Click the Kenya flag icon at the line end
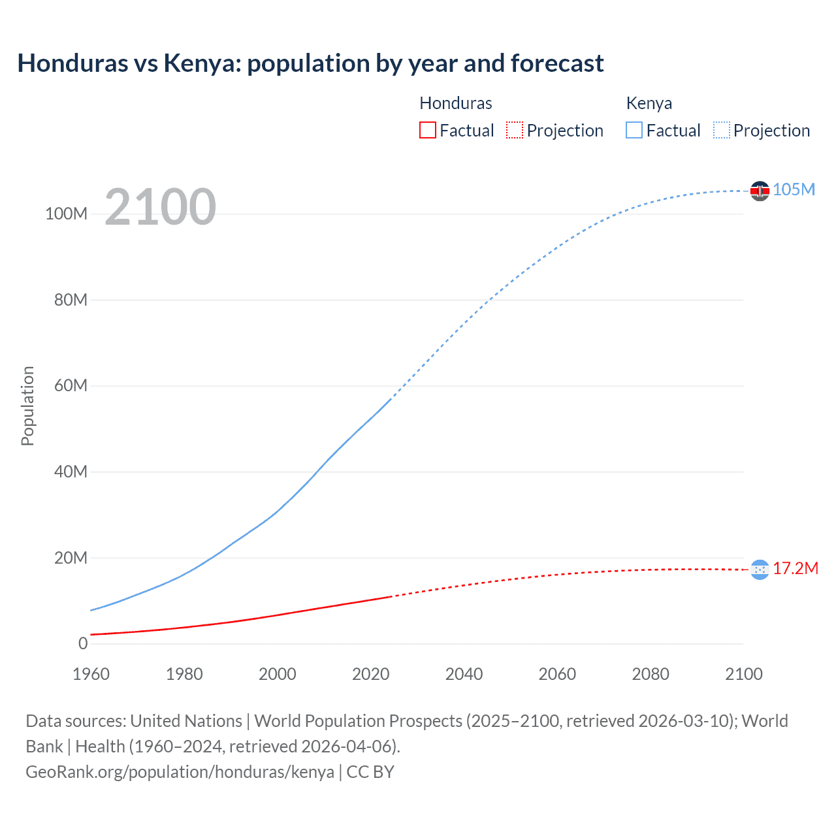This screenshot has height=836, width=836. (x=760, y=191)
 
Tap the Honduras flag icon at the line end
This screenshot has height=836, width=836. (x=760, y=570)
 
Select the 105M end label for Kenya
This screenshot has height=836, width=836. (x=794, y=189)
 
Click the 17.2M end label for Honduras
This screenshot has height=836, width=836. (x=796, y=568)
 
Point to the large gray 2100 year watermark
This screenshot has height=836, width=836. (x=160, y=207)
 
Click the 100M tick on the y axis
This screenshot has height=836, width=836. (x=66, y=214)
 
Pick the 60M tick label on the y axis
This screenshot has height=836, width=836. (x=71, y=385)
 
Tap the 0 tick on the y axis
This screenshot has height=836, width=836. (x=83, y=643)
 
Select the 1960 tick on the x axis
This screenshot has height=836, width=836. (x=91, y=674)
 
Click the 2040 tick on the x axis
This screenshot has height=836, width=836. (x=464, y=674)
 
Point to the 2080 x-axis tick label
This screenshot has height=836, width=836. (x=651, y=674)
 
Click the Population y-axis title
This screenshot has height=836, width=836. (x=27, y=406)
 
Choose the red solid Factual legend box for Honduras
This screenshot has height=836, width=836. (x=427, y=131)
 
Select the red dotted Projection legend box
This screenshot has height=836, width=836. (x=515, y=131)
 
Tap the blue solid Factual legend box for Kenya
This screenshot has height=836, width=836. (x=634, y=131)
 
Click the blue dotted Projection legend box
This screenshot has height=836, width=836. (x=722, y=131)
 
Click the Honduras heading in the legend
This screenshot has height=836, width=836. (x=455, y=103)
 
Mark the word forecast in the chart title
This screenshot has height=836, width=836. (x=557, y=63)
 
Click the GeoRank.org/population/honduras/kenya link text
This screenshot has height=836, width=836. (x=180, y=772)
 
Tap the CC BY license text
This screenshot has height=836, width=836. (x=370, y=772)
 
